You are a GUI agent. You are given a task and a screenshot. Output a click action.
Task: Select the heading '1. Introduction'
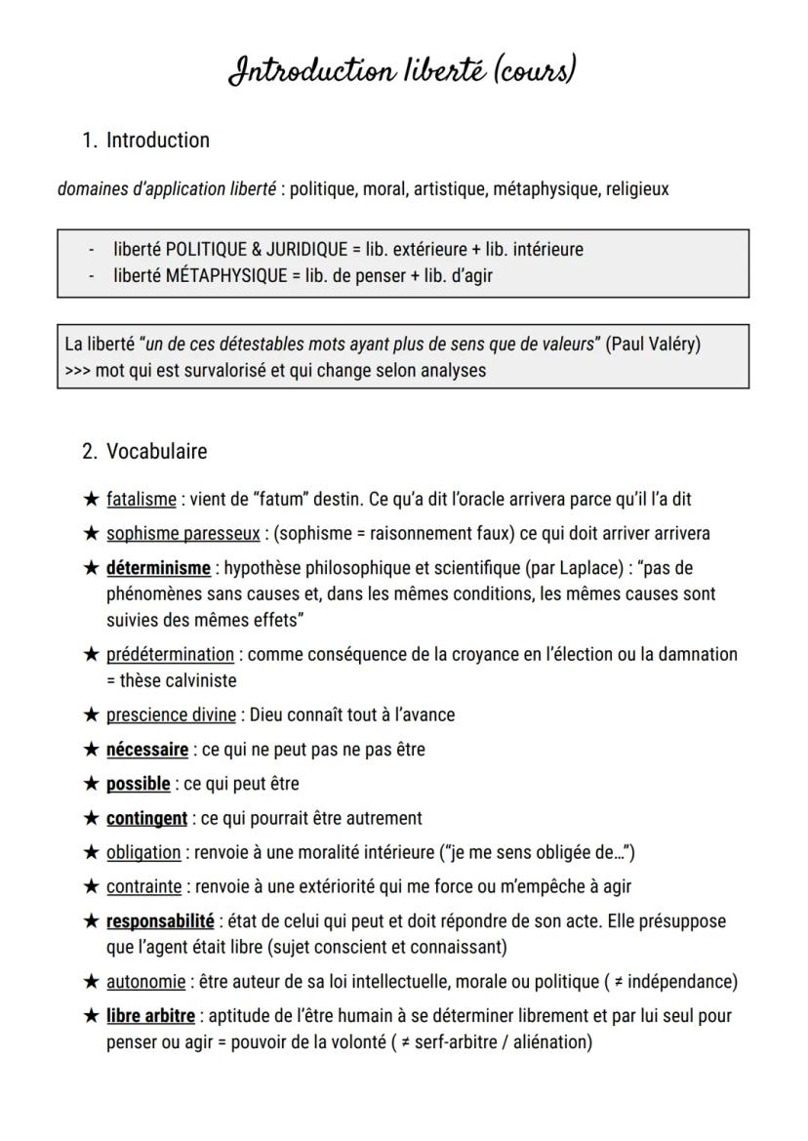point(145,141)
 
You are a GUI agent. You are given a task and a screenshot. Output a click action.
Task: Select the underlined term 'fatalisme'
point(141,500)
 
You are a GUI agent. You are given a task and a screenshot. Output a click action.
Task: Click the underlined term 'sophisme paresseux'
point(182,534)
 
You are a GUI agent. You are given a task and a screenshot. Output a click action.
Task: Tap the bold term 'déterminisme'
point(158,568)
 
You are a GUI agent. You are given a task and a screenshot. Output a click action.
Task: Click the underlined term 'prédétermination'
point(170,655)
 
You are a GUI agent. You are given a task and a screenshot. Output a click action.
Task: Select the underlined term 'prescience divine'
point(171,715)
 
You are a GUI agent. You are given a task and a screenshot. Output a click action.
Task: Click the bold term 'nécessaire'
point(147,750)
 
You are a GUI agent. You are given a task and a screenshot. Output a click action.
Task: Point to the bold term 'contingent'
point(146,818)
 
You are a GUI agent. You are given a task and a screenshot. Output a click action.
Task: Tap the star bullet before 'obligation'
point(92,853)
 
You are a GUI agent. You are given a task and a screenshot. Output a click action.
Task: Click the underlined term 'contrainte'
point(143,887)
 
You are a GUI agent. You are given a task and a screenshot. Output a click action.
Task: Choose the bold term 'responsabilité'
point(160,921)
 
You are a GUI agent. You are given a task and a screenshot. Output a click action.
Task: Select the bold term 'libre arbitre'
point(150,1016)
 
